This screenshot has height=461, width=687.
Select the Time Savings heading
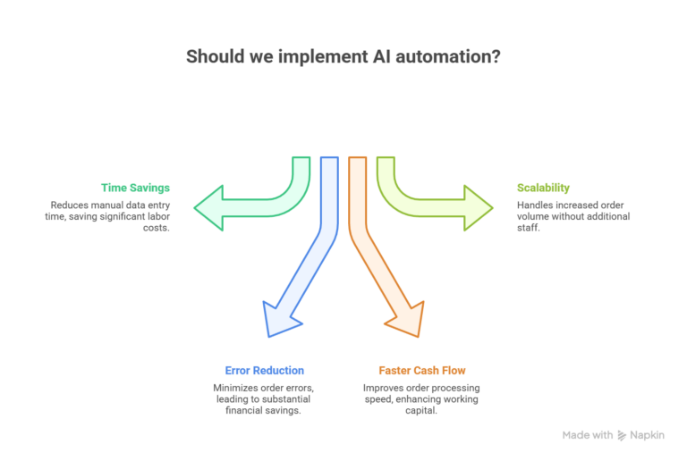coord(135,188)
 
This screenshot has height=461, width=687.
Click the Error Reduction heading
coord(264,370)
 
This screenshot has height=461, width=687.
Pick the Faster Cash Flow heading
coord(421,370)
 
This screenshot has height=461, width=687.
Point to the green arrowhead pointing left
coord(207,208)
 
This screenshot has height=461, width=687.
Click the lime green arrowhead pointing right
coord(479,208)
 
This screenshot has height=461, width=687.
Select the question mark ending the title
coord(496,56)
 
